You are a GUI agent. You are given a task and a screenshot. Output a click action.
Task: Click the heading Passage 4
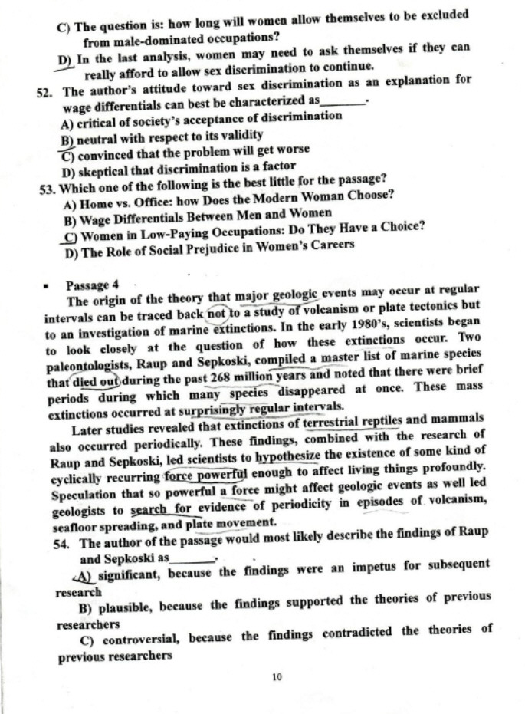[x=91, y=283]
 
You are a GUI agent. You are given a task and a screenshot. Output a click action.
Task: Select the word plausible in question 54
[x=126, y=597]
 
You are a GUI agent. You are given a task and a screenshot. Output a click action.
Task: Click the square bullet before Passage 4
[x=48, y=284]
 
